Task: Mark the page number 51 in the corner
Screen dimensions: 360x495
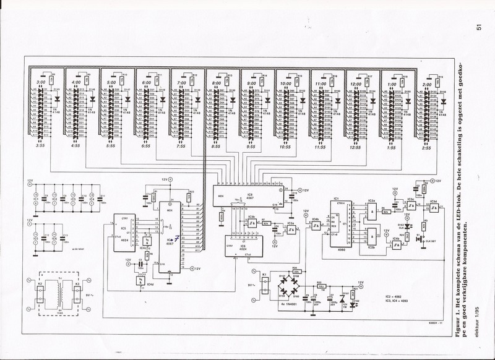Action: pos(478,27)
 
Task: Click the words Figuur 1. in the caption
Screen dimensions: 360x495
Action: pos(478,328)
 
